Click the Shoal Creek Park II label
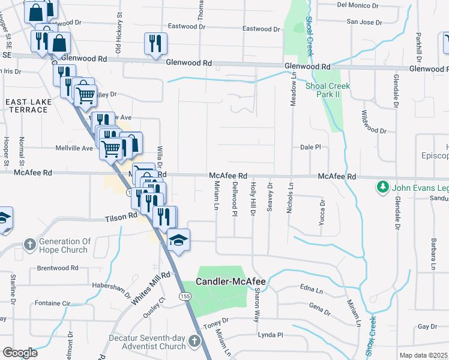[328, 91]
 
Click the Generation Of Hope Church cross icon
[29, 244]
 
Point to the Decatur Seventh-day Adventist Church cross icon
[193, 341]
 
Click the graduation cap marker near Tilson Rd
[178, 240]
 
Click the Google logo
[20, 353]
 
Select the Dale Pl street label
[310, 147]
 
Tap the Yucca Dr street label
[322, 212]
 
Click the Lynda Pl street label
[270, 334]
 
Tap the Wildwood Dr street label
[374, 122]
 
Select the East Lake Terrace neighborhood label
[29, 107]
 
